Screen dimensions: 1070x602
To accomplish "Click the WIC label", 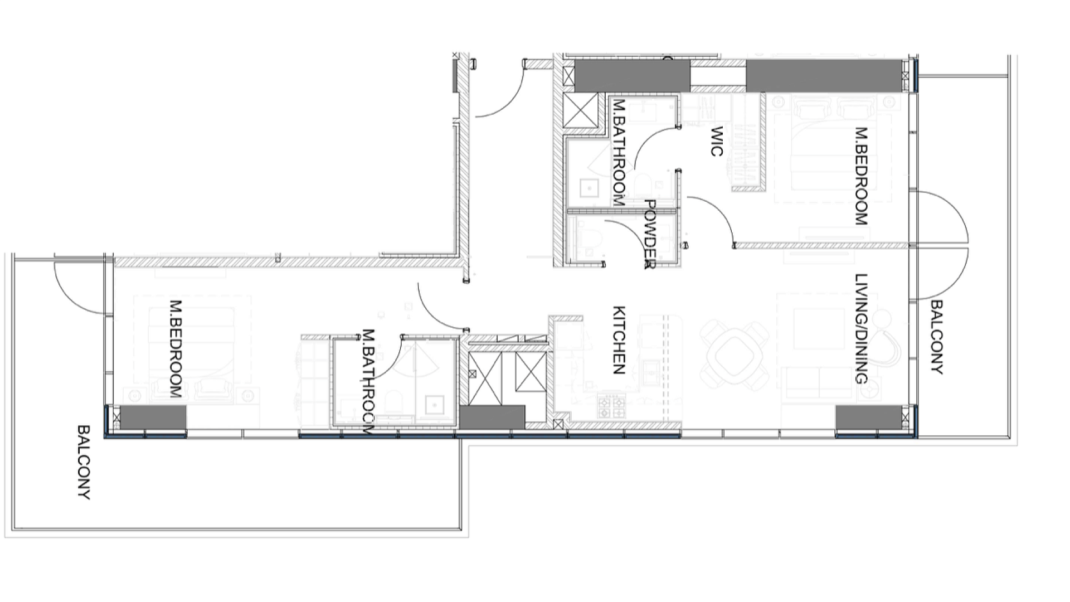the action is click(717, 142).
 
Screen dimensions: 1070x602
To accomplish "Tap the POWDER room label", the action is click(650, 235).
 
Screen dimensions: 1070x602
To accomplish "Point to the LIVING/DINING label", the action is click(862, 329).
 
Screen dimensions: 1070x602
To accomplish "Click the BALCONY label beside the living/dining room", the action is click(937, 337).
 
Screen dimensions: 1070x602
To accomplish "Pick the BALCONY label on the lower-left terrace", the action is click(84, 463).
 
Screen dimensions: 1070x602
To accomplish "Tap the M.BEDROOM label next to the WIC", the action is click(862, 176).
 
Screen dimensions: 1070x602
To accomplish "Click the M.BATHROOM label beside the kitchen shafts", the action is click(368, 382).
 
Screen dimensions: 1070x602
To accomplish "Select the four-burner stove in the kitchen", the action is click(611, 406).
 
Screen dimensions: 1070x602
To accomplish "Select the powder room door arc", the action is click(624, 234).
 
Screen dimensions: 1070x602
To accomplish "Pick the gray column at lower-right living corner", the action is click(868, 417).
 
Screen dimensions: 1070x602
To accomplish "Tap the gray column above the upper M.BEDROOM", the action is click(823, 76).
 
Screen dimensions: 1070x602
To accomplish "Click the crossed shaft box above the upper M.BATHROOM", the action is click(580, 110).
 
